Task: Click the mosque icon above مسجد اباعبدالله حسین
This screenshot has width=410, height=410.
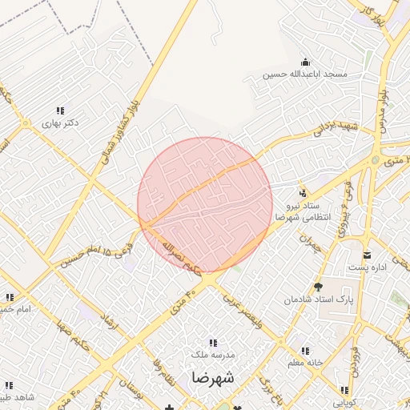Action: click(x=304, y=62)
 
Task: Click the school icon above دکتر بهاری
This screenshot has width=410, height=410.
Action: click(x=60, y=111)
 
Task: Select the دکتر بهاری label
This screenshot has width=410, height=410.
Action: click(x=62, y=123)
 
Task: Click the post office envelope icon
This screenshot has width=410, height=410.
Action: click(x=368, y=255)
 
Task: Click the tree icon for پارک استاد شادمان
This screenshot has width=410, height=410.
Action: click(x=319, y=287)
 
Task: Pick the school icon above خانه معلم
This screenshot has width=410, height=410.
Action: click(x=305, y=350)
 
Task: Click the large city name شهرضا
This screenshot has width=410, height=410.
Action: click(x=212, y=377)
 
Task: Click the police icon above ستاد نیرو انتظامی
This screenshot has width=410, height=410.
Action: click(x=303, y=193)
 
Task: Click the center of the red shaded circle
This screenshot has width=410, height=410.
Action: click(x=205, y=205)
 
